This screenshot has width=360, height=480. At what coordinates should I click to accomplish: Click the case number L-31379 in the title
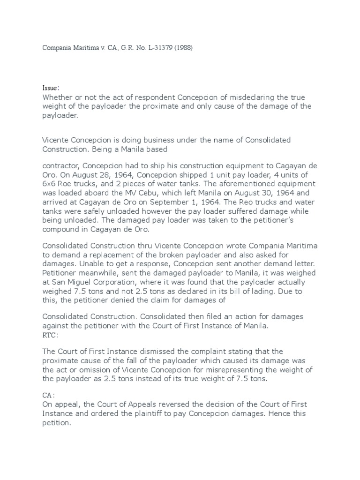tap(153, 48)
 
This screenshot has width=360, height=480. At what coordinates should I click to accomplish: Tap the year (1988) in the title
tap(180, 48)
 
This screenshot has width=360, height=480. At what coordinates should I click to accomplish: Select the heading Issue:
tap(51, 88)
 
